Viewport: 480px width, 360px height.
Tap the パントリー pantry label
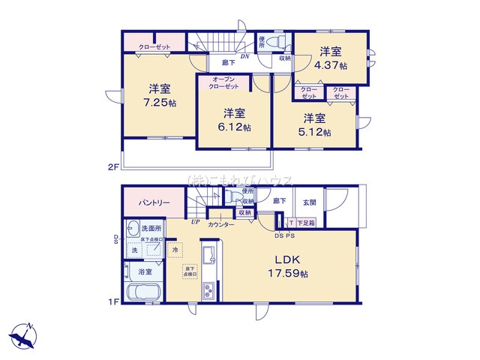pos(154,203)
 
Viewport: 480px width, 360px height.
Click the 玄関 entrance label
pos(310,202)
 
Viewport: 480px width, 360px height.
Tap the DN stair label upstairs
pos(244,57)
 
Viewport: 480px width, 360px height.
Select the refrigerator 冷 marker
pos(175,250)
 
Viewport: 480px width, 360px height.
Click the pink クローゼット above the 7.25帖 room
pos(154,47)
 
